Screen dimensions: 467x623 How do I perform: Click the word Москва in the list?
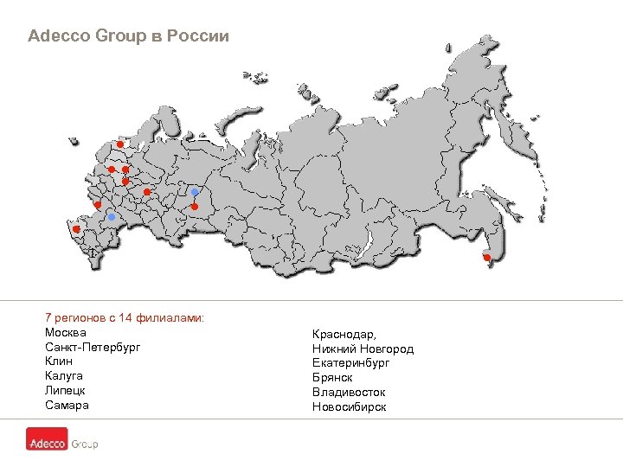point(65,333)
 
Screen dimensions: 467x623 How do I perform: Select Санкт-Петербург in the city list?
point(92,347)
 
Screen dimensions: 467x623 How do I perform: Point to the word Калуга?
point(63,376)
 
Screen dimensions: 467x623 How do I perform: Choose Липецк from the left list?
point(65,391)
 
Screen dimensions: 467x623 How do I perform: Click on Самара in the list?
point(67,406)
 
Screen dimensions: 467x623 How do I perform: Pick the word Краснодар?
point(344,334)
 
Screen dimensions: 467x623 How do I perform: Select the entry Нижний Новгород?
point(363,349)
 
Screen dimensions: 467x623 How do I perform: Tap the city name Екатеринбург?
point(350,363)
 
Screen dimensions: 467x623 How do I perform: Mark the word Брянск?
point(332,378)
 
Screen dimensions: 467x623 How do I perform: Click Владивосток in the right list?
point(349,393)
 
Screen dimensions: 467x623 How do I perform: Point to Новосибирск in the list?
point(349,407)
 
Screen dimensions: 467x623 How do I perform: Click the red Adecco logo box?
point(46,444)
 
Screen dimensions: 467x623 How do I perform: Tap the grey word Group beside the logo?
point(84,444)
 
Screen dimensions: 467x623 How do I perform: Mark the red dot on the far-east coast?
point(487,258)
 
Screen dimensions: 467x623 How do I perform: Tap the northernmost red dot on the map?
point(119,144)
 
